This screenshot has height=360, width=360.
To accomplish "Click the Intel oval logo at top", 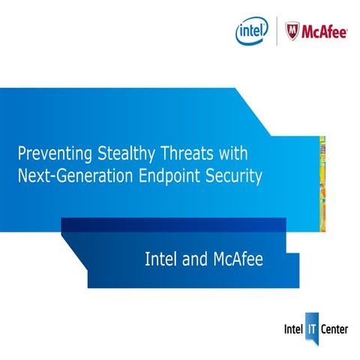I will click(x=252, y=31).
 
